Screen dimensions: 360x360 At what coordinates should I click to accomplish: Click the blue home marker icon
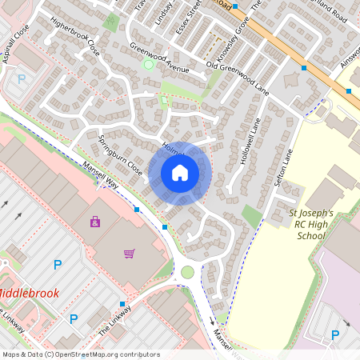click(x=180, y=173)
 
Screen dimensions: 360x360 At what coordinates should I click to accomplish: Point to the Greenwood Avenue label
click(x=159, y=58)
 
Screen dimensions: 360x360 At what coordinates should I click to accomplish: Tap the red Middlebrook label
click(x=29, y=293)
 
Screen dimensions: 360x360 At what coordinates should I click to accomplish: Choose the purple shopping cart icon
click(x=129, y=254)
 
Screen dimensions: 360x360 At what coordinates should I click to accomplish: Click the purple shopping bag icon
click(x=95, y=221)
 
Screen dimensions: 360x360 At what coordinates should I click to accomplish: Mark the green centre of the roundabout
click(x=187, y=273)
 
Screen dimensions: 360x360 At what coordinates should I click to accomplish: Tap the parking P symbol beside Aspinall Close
click(x=22, y=79)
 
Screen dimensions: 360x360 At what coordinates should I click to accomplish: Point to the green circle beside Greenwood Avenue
click(x=148, y=64)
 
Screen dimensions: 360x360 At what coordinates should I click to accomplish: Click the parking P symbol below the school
click(x=336, y=335)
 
